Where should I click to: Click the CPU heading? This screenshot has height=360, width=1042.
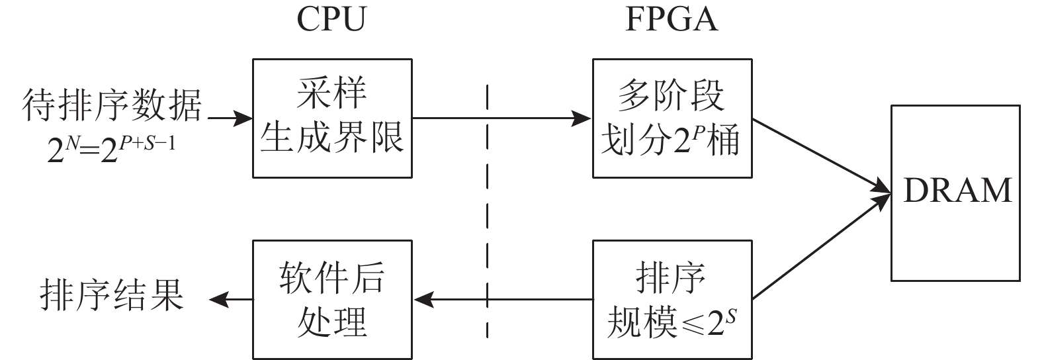pyautogui.click(x=331, y=20)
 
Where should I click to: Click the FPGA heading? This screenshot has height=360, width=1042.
pyautogui.click(x=671, y=20)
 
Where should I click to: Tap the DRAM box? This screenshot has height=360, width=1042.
pyautogui.click(x=956, y=192)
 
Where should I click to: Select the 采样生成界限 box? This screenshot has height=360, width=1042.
pyautogui.click(x=331, y=118)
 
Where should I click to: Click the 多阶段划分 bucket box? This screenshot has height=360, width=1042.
pyautogui.click(x=672, y=118)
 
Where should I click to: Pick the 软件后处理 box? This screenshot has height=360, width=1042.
pyautogui.click(x=331, y=300)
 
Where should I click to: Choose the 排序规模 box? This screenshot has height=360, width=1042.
pyautogui.click(x=672, y=300)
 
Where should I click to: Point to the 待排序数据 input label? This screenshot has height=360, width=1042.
pyautogui.click(x=111, y=106)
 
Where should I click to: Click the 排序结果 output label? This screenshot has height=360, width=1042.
pyautogui.click(x=111, y=295)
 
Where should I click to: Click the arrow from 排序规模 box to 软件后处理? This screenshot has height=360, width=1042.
pyautogui.click(x=503, y=300)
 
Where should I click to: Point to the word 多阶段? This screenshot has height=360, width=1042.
pyautogui.click(x=672, y=97)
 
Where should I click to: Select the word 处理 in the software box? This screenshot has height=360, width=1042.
pyautogui.click(x=331, y=322)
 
